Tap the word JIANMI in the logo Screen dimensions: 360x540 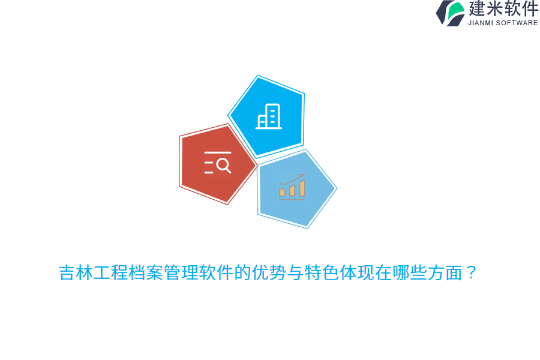click(x=481, y=23)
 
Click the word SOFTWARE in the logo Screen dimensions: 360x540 click(x=517, y=23)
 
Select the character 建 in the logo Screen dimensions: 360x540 click(x=478, y=8)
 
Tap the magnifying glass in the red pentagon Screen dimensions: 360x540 click(x=223, y=165)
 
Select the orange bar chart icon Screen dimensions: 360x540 click(x=292, y=187)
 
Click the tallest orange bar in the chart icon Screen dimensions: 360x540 click(x=302, y=188)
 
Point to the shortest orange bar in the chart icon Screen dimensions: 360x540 click(x=282, y=193)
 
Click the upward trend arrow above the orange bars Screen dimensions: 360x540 click(x=293, y=179)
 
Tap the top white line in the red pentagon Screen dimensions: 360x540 click(x=217, y=153)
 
